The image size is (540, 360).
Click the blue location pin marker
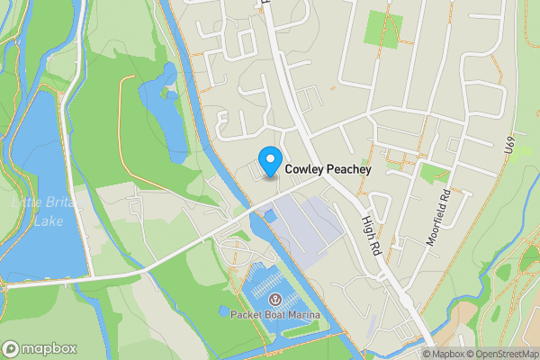click(269, 160)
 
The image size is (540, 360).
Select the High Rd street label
click(373, 231)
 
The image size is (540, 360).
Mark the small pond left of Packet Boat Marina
click(222, 311)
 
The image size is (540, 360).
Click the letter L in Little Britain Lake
click(15, 202)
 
